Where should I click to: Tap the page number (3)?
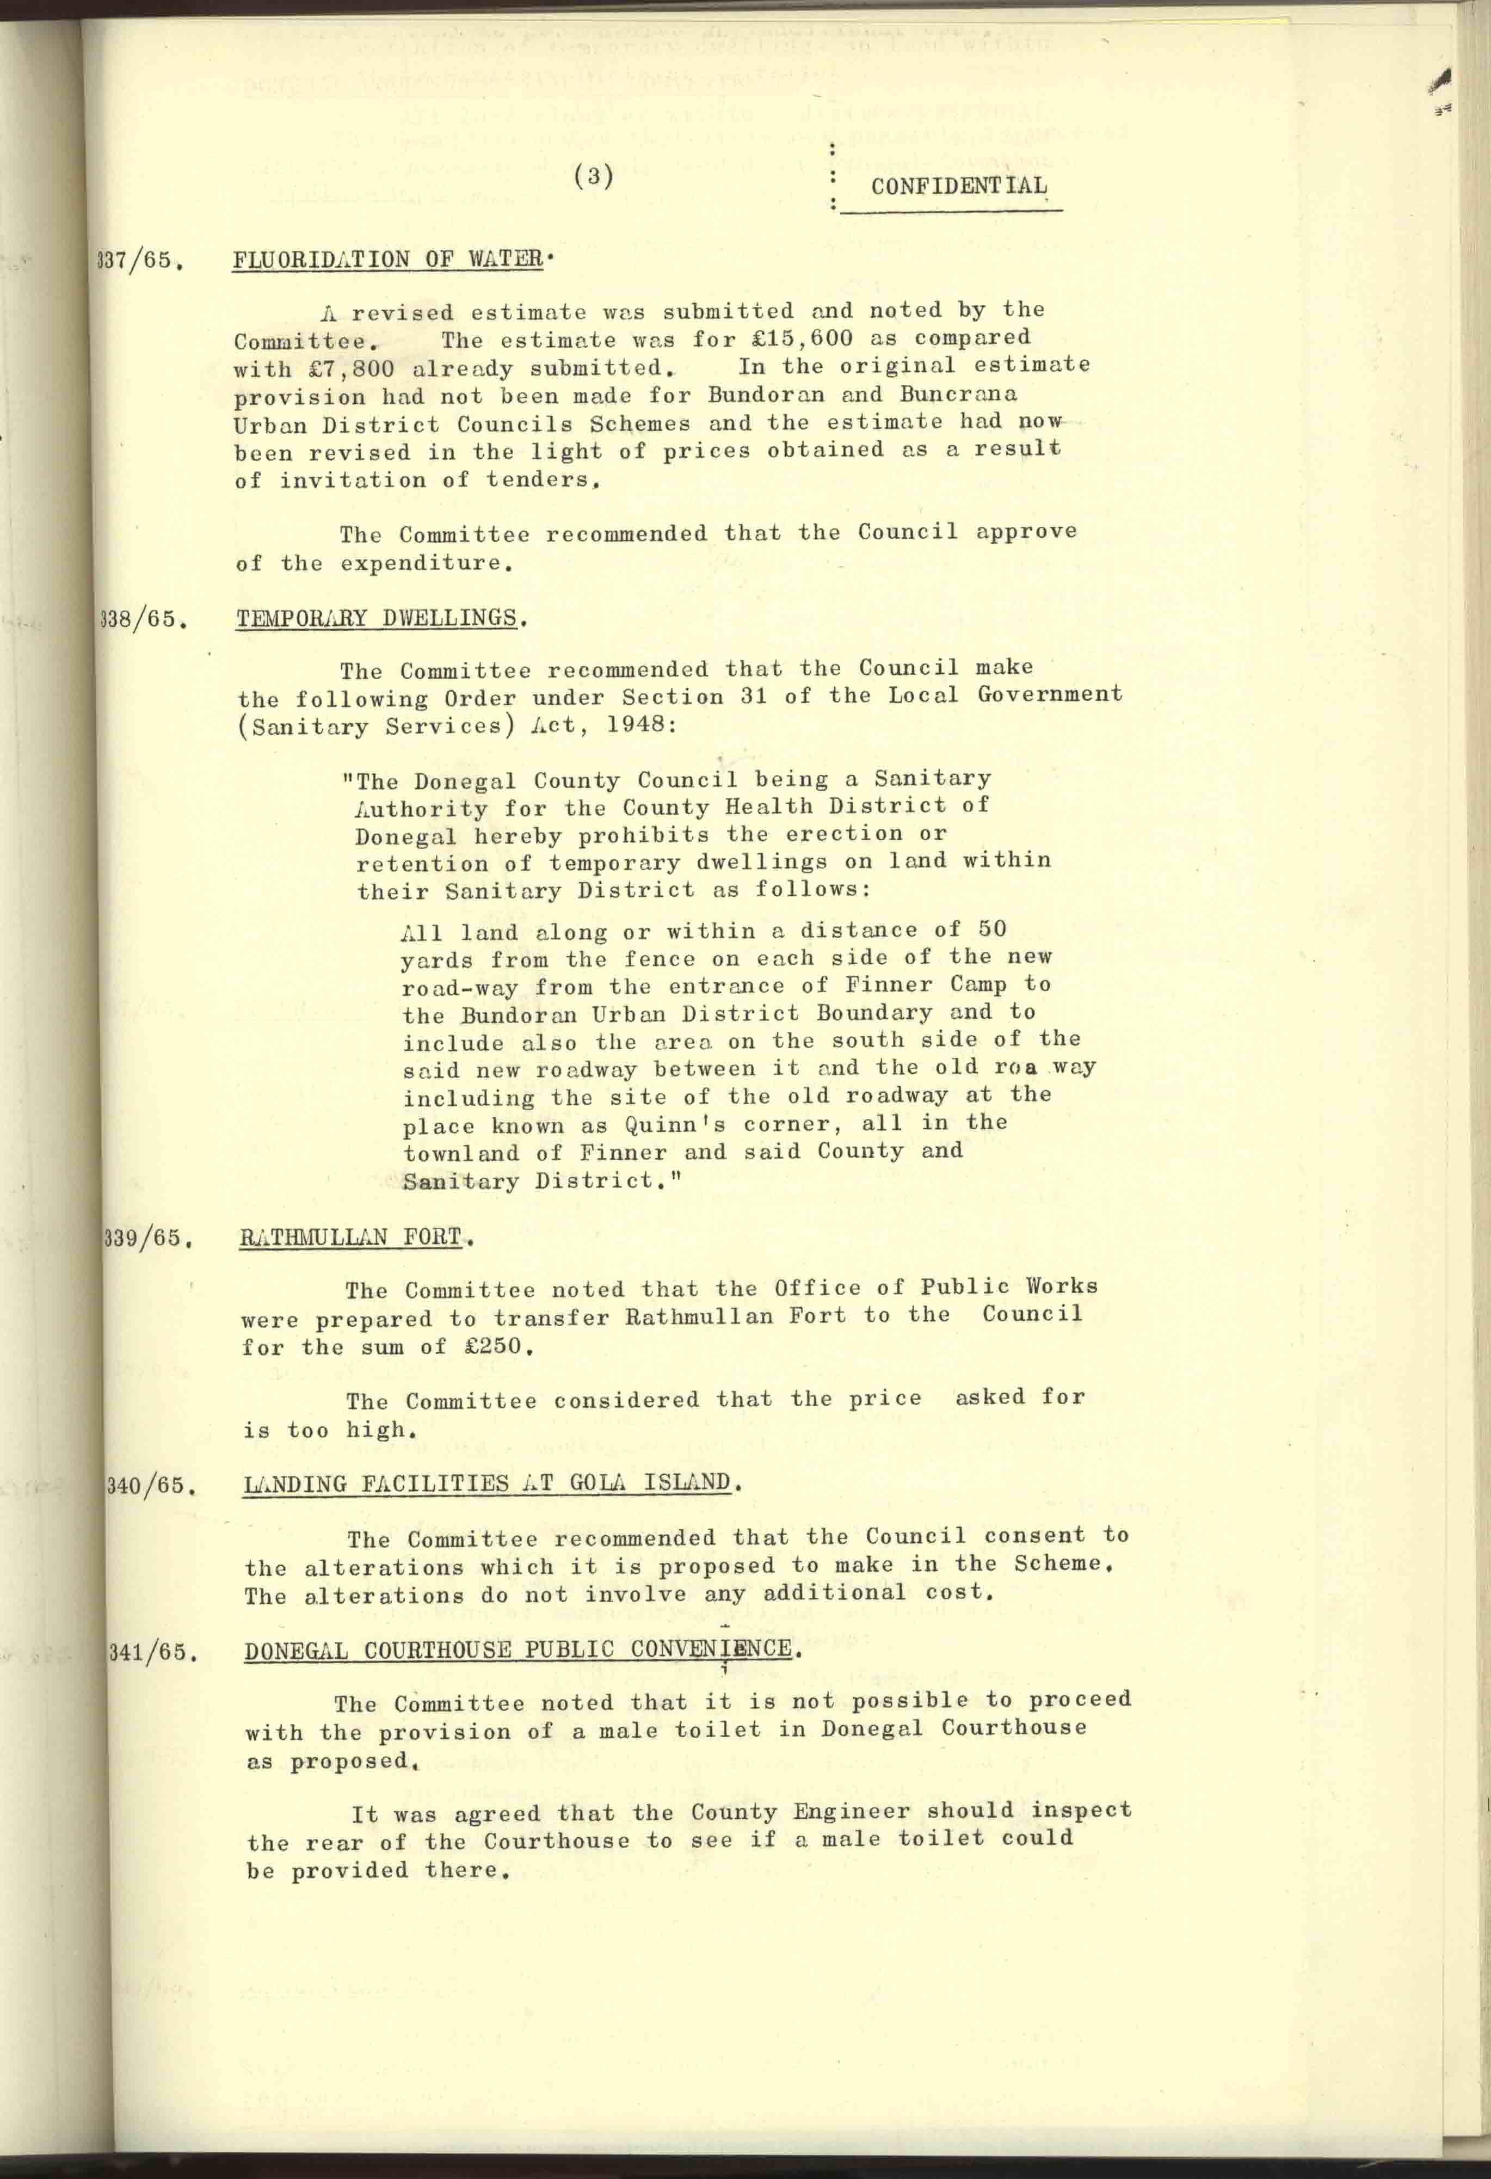(x=594, y=175)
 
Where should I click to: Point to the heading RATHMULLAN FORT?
(x=352, y=1238)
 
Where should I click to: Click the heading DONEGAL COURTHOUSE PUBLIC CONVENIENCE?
(x=517, y=1649)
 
